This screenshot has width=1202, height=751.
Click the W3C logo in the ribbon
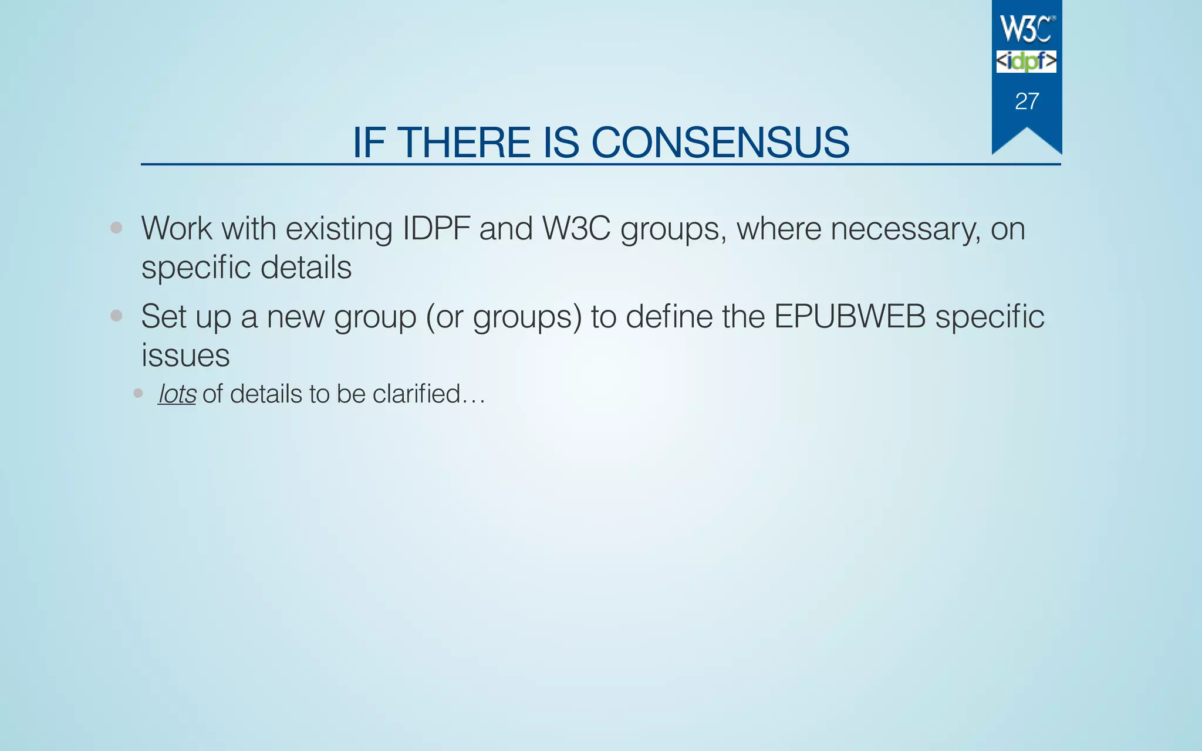(1027, 29)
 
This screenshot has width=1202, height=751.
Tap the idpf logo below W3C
(1026, 61)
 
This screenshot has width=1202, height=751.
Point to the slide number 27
(1027, 102)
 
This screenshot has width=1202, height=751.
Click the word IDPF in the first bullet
(436, 228)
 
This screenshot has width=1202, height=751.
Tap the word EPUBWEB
(849, 316)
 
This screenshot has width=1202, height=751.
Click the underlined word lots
(177, 394)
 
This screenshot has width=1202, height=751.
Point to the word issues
(185, 356)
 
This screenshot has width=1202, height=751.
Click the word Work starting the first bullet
(177, 228)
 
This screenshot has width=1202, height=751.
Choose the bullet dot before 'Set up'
(116, 316)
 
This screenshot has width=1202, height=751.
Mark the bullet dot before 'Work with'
(116, 228)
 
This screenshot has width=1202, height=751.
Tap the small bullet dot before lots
(138, 393)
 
